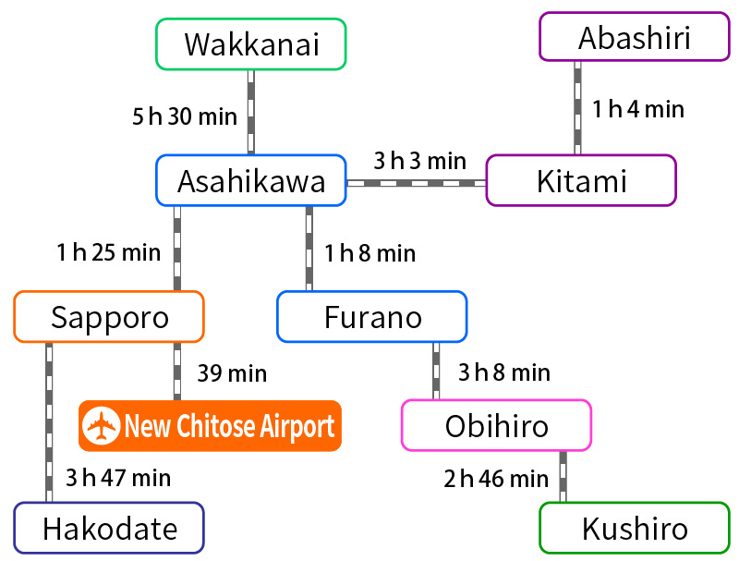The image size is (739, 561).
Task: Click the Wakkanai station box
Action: [251, 44]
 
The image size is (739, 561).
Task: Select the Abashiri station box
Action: [634, 37]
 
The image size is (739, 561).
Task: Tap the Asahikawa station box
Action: [251, 180]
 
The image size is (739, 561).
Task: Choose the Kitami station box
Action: [581, 180]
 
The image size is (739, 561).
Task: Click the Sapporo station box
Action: [109, 317]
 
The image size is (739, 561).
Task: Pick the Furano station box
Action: [372, 317]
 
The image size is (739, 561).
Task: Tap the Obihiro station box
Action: [496, 425]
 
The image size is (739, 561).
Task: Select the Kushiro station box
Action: [634, 529]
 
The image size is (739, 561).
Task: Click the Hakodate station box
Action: [109, 529]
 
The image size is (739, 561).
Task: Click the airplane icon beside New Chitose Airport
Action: [102, 426]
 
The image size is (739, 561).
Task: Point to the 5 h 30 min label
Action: [185, 117]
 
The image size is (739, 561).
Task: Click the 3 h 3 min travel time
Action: [419, 161]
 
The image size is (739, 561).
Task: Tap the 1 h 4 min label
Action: [638, 109]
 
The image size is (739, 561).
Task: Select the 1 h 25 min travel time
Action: [108, 251]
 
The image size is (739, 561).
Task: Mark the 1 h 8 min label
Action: [369, 252]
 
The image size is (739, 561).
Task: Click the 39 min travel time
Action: [232, 373]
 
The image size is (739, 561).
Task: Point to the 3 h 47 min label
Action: [118, 478]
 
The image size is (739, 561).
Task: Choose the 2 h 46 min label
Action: [496, 479]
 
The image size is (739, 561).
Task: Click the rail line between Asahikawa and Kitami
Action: [416, 183]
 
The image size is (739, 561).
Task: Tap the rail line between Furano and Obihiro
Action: [436, 371]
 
